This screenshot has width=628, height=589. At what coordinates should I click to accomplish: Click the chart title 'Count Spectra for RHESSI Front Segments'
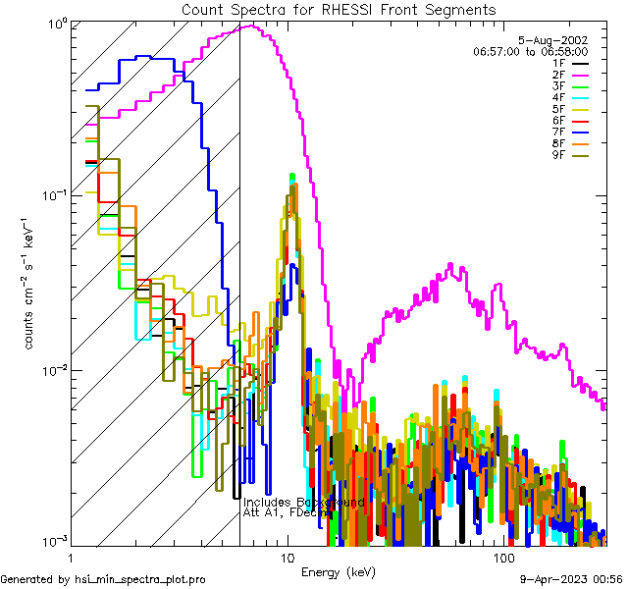click(339, 9)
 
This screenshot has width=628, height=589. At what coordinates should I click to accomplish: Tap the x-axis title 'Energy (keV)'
click(339, 571)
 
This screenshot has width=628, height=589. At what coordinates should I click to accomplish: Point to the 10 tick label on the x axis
click(288, 558)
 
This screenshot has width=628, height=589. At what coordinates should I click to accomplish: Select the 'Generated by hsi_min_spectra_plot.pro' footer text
click(103, 579)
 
